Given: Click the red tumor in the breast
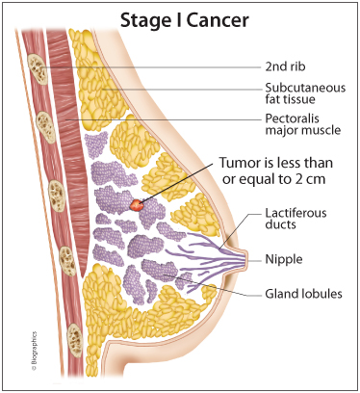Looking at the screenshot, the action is pos(137,204).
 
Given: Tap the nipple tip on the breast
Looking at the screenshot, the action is pos(247,259).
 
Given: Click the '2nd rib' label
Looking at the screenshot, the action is pos(285,66).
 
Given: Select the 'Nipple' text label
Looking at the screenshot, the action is pos(284,259).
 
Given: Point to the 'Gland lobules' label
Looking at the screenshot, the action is pos(303,294).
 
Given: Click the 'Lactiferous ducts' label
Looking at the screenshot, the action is pos(296,219).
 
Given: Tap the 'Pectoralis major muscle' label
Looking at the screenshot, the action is pos(303,124).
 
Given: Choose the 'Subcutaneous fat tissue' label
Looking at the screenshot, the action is pos(305,93).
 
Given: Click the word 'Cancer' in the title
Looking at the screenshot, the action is pos(218,20).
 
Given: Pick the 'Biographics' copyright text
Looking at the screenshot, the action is pos(34,351).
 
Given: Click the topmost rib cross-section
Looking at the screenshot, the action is pos(38,69).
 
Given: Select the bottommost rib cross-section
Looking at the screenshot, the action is pos(75,340).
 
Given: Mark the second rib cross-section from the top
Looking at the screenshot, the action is pos(46,127).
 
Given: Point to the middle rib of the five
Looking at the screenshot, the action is pos(57,196).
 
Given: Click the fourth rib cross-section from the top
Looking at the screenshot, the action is pos(67,261).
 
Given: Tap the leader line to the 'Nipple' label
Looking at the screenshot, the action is pos(255,261).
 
